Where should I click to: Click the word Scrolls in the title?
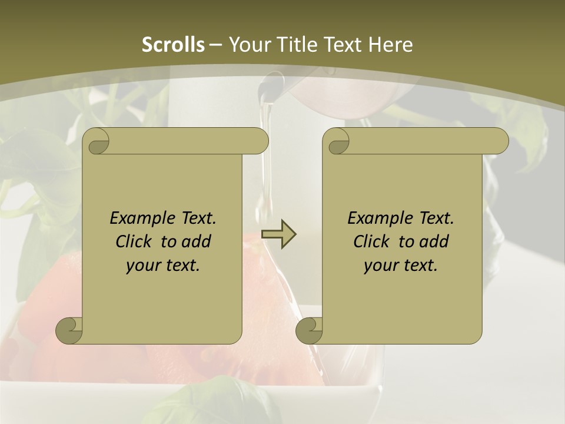(173, 45)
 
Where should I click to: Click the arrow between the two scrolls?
(278, 234)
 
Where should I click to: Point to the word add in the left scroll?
(196, 241)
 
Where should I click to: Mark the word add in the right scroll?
(434, 241)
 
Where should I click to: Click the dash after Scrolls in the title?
(215, 45)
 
